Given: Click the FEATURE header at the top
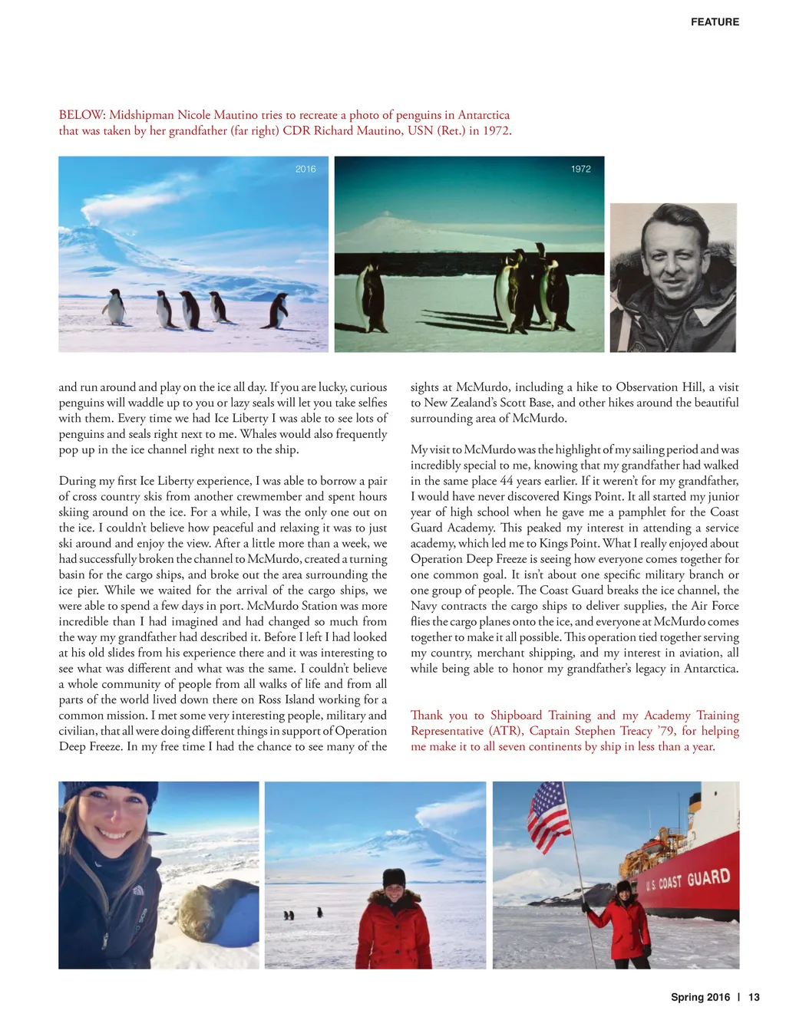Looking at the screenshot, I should coord(715,22).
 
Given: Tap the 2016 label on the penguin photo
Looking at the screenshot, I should coord(305,169).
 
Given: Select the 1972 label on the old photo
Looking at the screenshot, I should coord(581,169).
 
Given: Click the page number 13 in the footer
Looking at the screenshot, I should coord(754,997).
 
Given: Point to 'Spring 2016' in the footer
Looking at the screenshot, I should coord(700,997).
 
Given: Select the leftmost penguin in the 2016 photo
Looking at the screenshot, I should coord(114,307).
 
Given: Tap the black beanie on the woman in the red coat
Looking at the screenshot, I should coord(394,877).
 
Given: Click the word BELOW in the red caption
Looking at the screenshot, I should coord(81,115).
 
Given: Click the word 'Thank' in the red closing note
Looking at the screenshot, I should coord(427,716).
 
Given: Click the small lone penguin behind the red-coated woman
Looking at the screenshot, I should coord(319,912).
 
